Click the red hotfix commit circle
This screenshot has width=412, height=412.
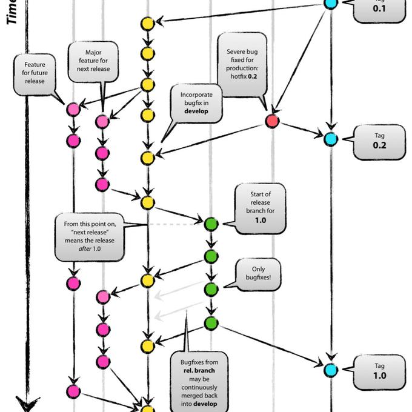click(272, 121)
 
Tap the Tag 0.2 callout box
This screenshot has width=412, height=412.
click(379, 141)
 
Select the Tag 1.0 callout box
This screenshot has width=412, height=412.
click(379, 371)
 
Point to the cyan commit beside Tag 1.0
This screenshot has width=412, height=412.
click(330, 369)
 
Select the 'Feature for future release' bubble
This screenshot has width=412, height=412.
click(35, 73)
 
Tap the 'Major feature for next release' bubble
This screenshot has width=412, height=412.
click(93, 61)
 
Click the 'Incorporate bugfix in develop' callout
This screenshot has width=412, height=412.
click(194, 103)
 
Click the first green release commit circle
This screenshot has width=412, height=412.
click(211, 224)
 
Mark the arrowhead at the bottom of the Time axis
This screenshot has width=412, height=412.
click(27, 404)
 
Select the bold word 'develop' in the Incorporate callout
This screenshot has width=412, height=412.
click(196, 111)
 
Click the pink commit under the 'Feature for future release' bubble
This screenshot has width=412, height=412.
click(73, 110)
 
